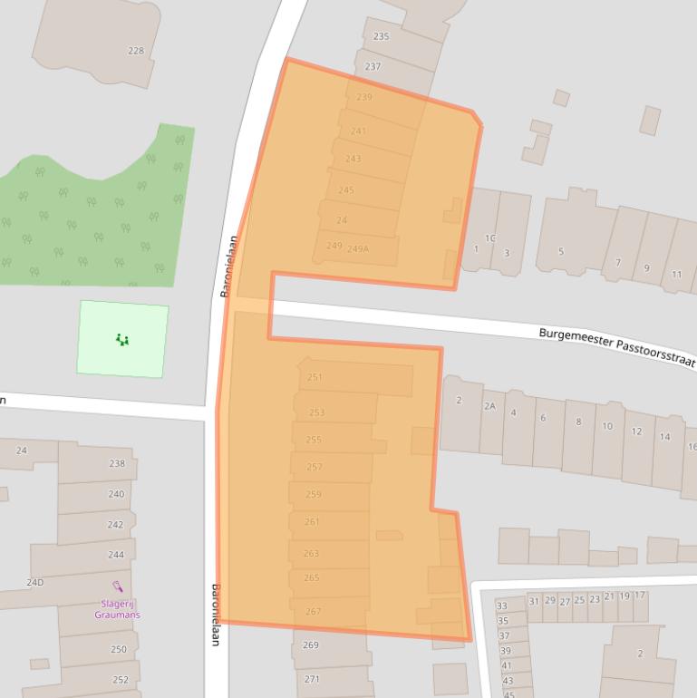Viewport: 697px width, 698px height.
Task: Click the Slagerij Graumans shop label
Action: [x=117, y=609]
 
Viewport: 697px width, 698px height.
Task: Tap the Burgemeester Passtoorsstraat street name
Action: [x=617, y=347]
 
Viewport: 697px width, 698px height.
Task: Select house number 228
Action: [x=136, y=51]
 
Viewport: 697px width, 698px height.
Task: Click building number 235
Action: [x=381, y=36]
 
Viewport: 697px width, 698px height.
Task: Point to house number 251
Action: [x=315, y=377]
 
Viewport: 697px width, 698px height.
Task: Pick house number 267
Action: [x=313, y=612]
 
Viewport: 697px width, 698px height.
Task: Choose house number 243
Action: [x=353, y=159]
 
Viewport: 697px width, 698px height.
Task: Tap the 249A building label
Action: [x=358, y=248]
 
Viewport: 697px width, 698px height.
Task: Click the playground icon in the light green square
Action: [x=122, y=340]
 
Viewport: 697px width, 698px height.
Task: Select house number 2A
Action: [x=489, y=406]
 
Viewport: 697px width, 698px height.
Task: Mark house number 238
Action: [x=117, y=463]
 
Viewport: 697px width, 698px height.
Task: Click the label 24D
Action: [x=34, y=582]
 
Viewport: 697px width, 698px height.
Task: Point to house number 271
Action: [x=312, y=679]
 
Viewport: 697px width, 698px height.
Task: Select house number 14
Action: [x=665, y=437]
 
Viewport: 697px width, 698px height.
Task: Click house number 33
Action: [x=502, y=606]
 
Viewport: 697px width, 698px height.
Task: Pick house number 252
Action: [x=121, y=680]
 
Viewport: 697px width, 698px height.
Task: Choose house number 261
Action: [x=312, y=522]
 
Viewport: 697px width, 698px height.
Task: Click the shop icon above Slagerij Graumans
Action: [x=117, y=587]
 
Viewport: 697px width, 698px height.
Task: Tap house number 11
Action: [x=676, y=275]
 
